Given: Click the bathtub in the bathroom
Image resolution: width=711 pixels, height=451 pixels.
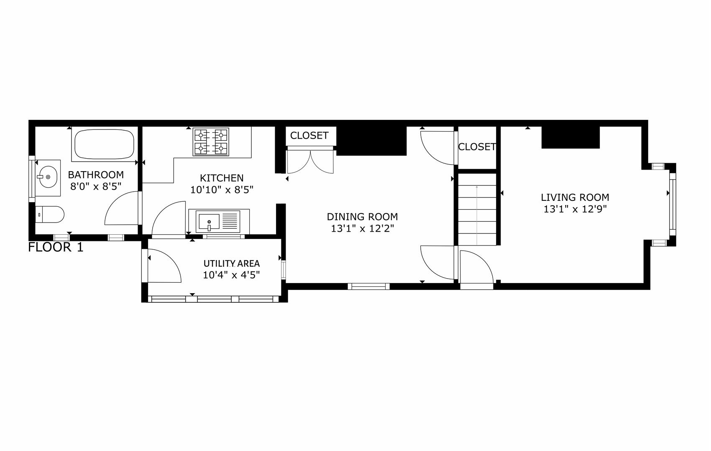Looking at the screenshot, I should click(104, 144).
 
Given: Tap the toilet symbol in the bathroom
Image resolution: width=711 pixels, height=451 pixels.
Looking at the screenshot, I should click(49, 215).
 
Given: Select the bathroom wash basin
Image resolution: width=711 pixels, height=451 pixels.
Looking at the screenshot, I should click(47, 177).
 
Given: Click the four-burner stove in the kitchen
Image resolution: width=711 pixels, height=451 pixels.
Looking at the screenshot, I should click(211, 142).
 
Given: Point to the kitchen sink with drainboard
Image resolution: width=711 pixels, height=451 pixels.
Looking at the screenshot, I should click(219, 221).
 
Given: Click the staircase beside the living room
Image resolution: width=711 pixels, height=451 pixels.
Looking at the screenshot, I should click(477, 209).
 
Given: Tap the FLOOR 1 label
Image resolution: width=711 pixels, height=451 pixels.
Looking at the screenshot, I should click(56, 247).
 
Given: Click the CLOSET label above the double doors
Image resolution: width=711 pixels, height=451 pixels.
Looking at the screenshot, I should click(309, 136).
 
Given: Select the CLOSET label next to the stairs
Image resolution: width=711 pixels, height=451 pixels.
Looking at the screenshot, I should click(477, 147).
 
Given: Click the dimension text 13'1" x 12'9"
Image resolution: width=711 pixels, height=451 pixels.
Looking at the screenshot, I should click(575, 209).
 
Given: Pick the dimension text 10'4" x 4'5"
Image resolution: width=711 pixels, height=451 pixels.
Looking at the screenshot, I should click(231, 275).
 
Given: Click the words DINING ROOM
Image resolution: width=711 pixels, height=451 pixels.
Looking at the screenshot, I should click(362, 217).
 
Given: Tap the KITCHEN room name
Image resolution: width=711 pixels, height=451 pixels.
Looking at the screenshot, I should click(222, 178).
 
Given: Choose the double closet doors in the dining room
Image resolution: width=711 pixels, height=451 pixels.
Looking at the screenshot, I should click(310, 162).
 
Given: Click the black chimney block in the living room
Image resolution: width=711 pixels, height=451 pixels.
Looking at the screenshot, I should click(570, 137).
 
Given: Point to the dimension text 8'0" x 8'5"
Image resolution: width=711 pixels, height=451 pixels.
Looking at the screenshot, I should click(96, 186).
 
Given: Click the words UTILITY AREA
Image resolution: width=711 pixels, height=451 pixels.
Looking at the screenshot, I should click(231, 264).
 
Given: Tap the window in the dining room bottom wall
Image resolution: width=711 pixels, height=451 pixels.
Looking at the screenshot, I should click(368, 286).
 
